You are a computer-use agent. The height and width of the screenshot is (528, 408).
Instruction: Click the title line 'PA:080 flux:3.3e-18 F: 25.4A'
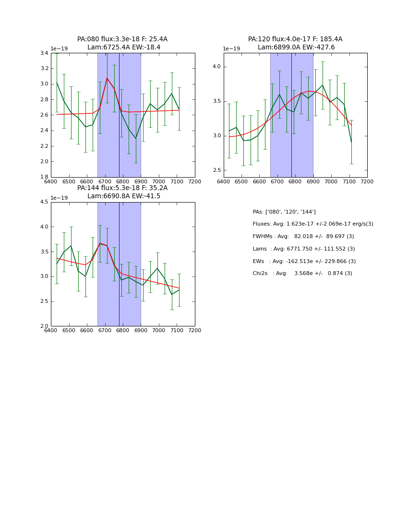[122, 39]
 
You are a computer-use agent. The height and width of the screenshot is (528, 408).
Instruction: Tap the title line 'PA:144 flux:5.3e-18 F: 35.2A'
[122, 188]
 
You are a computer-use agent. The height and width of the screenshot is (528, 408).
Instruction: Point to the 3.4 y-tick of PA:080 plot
[44, 53]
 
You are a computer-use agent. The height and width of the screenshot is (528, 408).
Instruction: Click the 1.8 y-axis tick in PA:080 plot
[44, 177]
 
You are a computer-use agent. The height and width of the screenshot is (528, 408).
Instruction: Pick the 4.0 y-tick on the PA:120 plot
[217, 67]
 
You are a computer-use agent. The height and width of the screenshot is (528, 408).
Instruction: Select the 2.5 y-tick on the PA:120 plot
[217, 170]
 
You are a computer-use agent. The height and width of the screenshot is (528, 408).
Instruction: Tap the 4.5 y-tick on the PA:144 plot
[44, 202]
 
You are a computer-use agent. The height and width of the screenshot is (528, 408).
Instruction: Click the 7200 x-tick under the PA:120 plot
[367, 182]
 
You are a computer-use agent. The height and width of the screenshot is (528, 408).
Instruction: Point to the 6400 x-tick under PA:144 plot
[51, 331]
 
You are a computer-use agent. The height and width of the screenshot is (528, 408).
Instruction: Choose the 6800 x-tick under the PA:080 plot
[123, 182]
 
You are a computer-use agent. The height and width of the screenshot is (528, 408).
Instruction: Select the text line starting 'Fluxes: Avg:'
[312, 224]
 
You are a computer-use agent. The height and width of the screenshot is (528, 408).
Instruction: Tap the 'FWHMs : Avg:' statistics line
[303, 237]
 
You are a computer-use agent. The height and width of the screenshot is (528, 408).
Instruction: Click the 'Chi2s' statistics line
[302, 274]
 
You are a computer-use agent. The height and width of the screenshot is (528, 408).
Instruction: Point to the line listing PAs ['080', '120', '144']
[284, 212]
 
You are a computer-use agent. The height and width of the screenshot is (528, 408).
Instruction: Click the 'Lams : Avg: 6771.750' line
[303, 249]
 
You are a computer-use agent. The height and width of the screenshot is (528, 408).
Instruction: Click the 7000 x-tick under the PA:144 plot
[159, 331]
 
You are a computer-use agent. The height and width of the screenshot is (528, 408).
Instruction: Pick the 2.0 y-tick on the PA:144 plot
[44, 326]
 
